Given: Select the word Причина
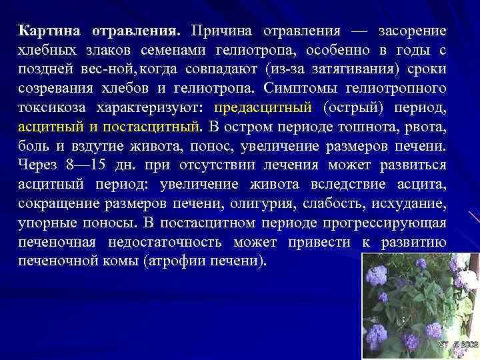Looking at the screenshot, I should click(x=221, y=32).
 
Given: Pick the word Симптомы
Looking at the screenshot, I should click(x=301, y=88).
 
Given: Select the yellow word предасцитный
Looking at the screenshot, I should click(x=263, y=107).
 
